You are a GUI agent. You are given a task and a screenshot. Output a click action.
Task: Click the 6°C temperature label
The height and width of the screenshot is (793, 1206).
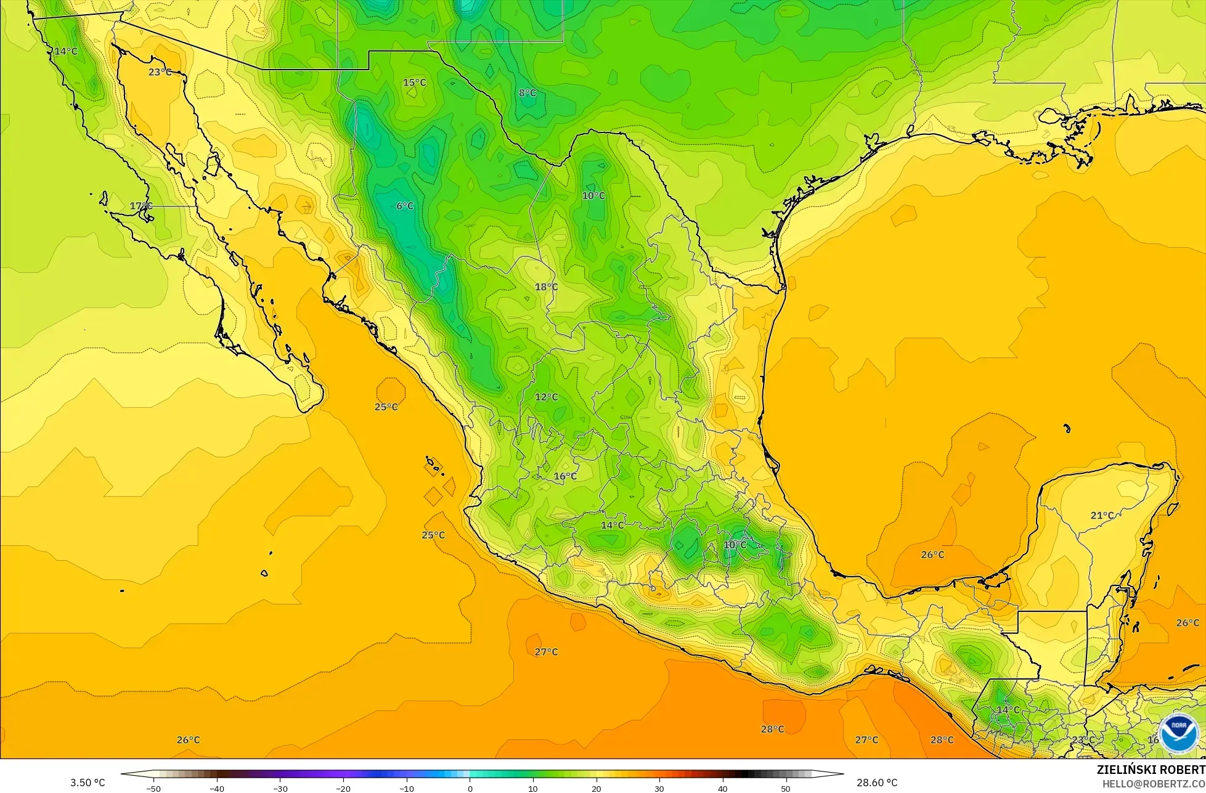(405, 206)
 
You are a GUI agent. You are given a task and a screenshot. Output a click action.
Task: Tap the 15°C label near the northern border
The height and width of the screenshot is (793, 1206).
(415, 83)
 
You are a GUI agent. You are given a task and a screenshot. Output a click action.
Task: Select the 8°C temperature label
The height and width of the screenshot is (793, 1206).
(528, 93)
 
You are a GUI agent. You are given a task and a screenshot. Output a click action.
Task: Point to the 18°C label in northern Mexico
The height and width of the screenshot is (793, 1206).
(547, 287)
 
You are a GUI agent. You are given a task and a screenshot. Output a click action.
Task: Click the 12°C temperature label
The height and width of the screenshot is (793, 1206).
(547, 397)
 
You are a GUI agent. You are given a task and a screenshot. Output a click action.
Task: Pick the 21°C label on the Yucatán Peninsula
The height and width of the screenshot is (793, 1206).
(1102, 515)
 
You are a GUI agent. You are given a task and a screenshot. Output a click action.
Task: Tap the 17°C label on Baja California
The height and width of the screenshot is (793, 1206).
(141, 206)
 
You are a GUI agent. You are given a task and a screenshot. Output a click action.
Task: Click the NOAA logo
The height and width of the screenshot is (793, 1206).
(1179, 733)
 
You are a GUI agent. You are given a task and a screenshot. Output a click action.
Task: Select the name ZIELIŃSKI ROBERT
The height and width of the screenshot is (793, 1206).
(1151, 770)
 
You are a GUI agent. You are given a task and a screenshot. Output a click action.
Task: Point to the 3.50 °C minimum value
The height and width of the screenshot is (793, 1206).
(88, 783)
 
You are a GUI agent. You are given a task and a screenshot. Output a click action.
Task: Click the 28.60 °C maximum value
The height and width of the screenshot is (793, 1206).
(877, 783)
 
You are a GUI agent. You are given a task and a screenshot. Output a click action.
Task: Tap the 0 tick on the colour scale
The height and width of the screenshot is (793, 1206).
(470, 788)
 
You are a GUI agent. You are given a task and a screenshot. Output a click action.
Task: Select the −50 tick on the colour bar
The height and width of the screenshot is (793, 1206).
(154, 788)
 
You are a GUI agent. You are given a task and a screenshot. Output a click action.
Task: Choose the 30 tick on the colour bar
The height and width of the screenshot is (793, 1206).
(659, 788)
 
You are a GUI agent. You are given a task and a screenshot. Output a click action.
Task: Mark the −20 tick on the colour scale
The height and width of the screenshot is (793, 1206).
(343, 788)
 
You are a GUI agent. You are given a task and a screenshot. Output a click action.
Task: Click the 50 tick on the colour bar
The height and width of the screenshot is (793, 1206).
(786, 788)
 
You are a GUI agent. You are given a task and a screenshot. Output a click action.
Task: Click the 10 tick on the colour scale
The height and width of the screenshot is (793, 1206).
(533, 788)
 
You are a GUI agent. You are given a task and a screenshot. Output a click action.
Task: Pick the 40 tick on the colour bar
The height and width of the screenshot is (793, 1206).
(722, 788)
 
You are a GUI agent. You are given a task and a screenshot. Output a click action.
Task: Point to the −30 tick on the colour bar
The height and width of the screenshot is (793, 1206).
(280, 788)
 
